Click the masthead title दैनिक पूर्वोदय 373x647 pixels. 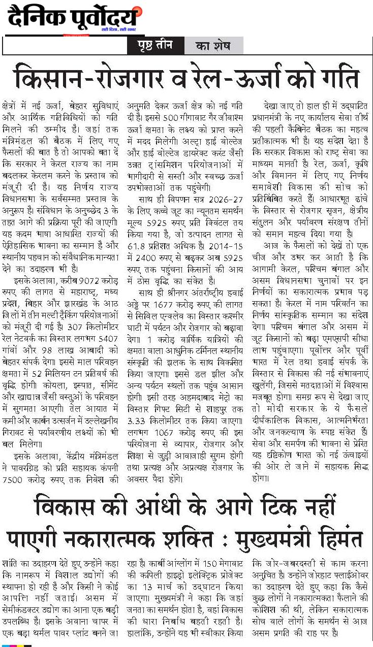(72, 19)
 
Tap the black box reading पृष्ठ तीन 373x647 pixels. (154, 46)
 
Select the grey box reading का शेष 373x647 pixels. (212, 46)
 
